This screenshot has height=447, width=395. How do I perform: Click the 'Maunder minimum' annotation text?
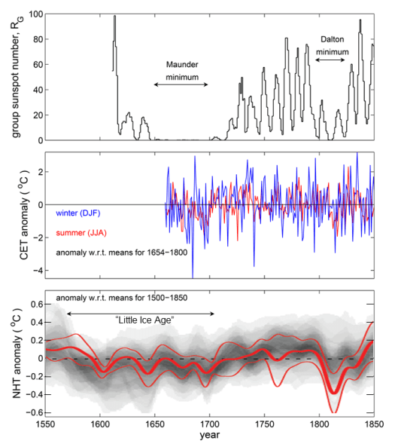click(182, 71)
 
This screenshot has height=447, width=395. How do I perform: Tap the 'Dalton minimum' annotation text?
click(333, 44)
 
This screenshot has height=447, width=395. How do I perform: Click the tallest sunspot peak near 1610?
click(114, 17)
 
